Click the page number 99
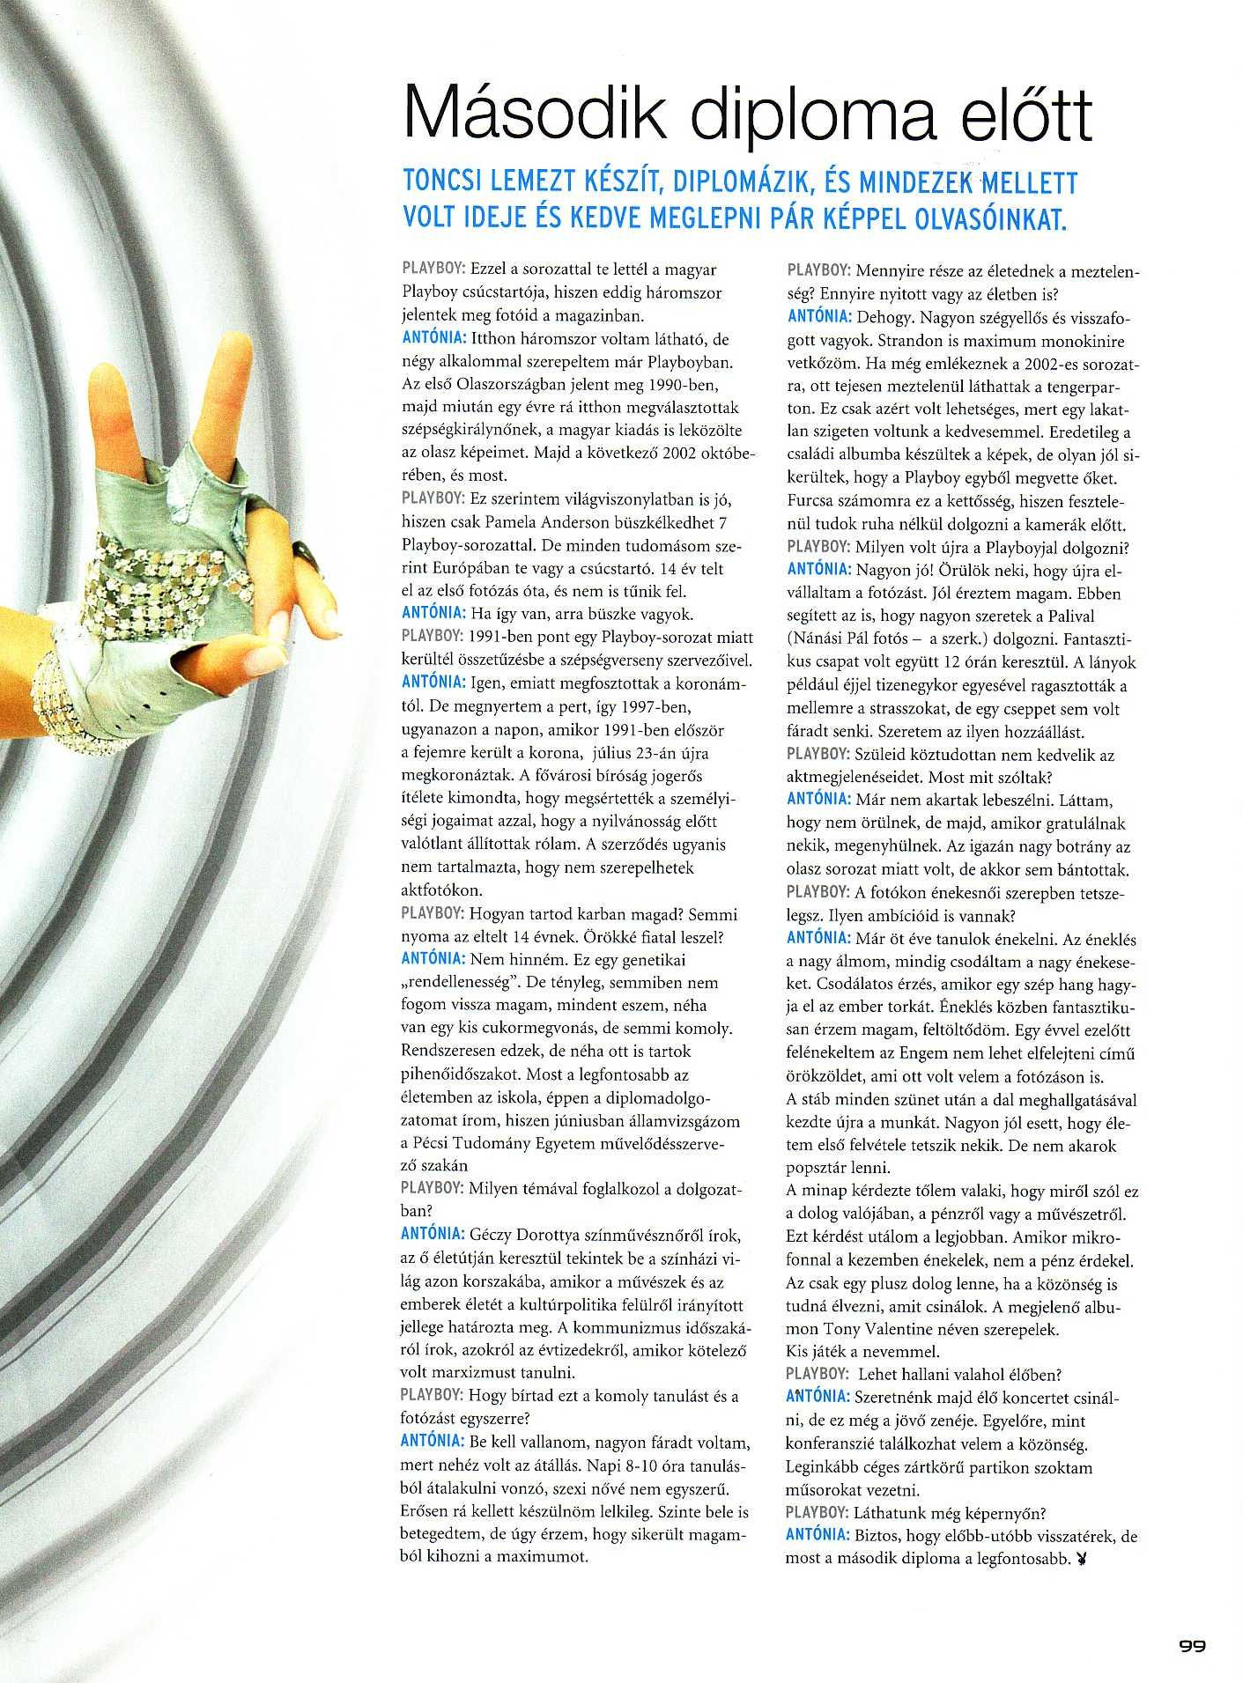pos(1192,1644)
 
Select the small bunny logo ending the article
pos(1082,1560)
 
